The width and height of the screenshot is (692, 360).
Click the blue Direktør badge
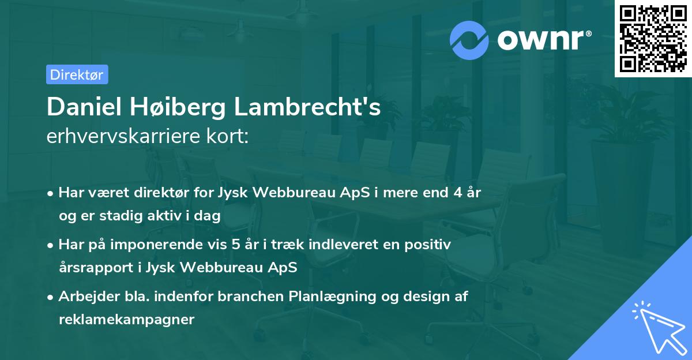[77, 74]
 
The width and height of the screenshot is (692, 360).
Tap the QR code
[653, 38]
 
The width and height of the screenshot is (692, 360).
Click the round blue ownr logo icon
[470, 40]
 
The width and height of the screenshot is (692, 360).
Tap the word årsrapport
[91, 267]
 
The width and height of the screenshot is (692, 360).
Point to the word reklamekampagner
[126, 319]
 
